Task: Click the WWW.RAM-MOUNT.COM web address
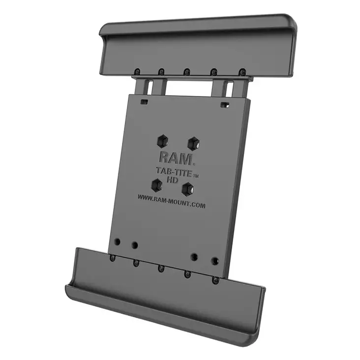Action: click(x=172, y=202)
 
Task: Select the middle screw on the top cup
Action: click(x=187, y=71)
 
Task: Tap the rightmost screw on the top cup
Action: click(x=241, y=72)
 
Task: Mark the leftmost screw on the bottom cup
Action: click(x=113, y=258)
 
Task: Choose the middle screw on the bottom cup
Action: click(x=160, y=268)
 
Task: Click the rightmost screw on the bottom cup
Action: click(x=215, y=280)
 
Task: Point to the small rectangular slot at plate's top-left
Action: click(x=144, y=102)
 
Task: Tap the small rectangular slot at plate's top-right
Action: click(x=224, y=105)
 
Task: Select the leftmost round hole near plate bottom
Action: click(x=117, y=242)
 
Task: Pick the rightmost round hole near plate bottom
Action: click(x=215, y=261)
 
